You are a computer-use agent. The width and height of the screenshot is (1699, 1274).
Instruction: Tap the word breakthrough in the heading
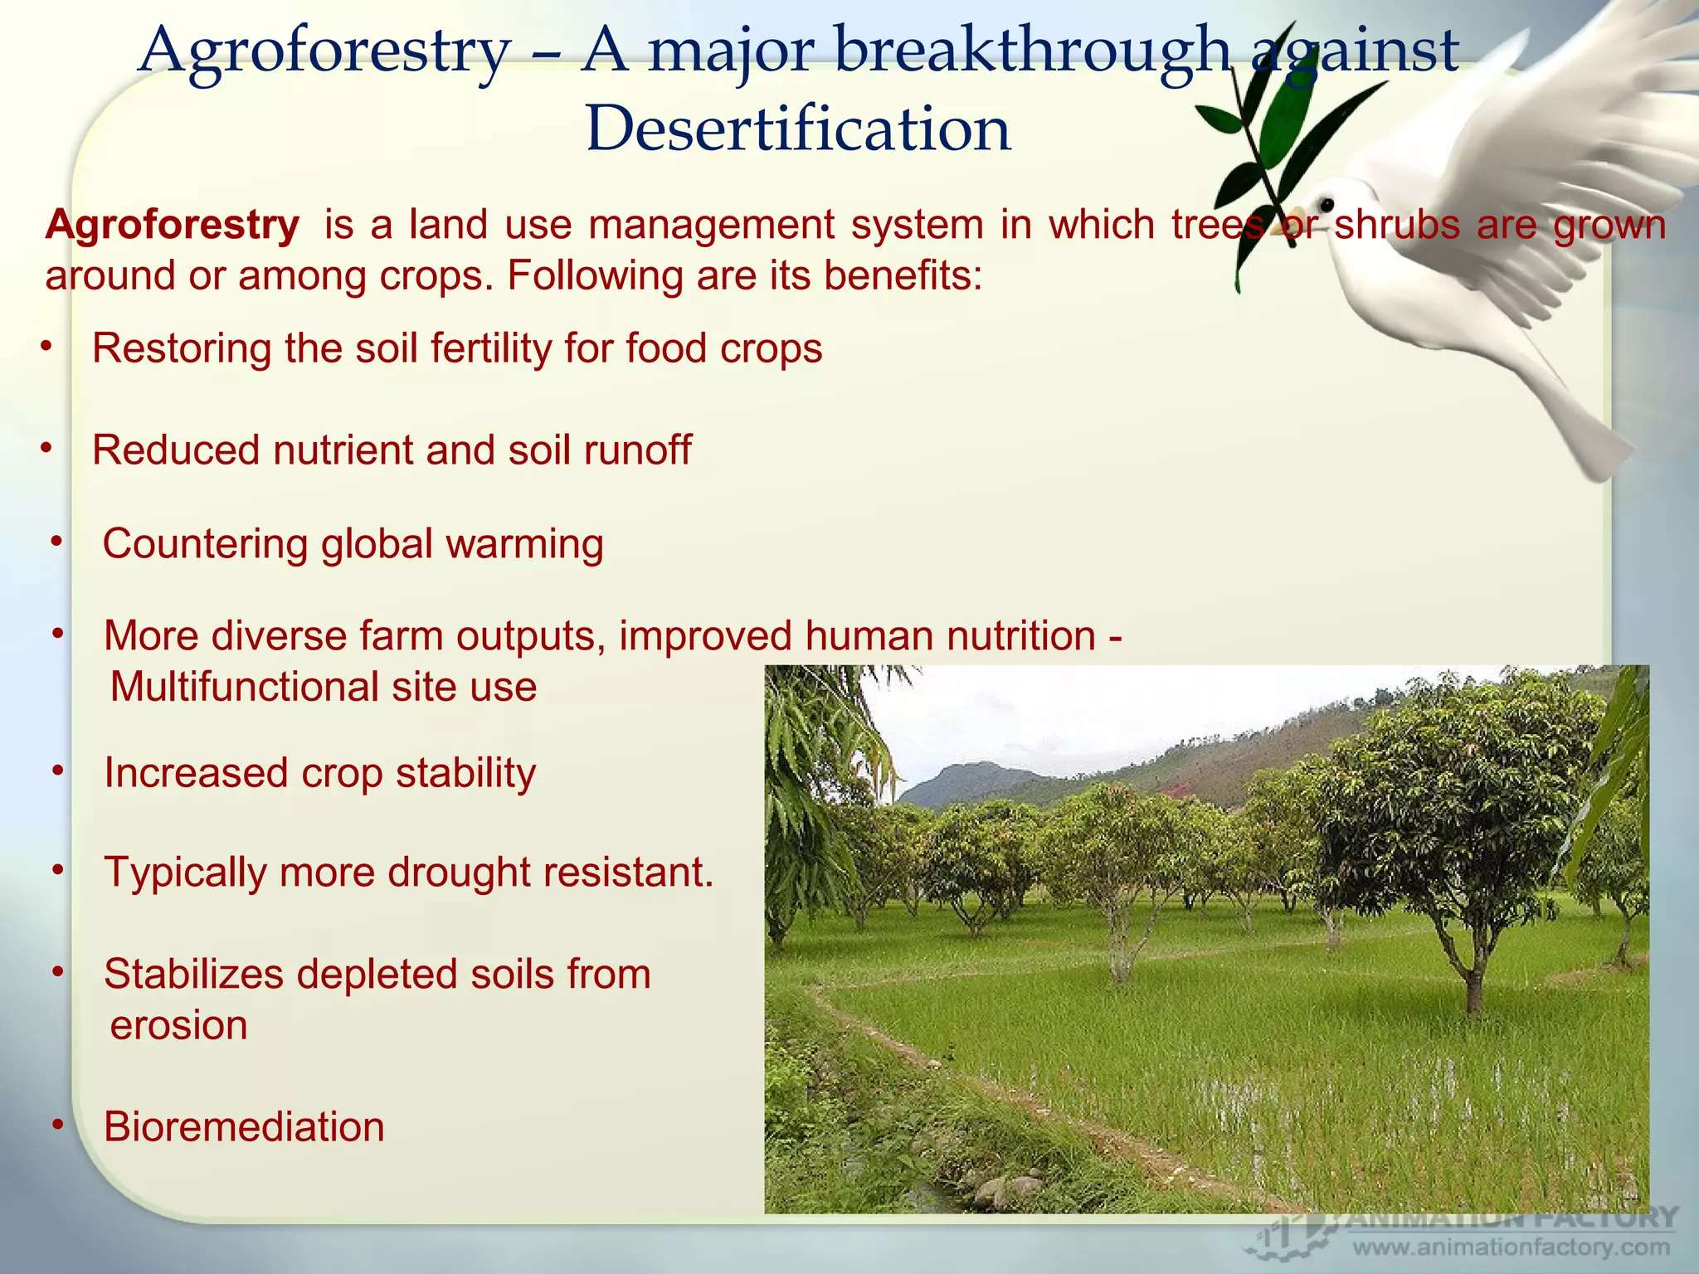(x=1031, y=51)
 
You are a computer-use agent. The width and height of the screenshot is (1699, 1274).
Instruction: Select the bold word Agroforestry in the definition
(x=173, y=225)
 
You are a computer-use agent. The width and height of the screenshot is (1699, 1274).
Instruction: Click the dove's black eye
(x=1327, y=204)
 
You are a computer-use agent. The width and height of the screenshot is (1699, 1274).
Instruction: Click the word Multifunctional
(x=244, y=687)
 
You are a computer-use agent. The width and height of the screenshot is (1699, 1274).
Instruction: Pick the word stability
(x=465, y=773)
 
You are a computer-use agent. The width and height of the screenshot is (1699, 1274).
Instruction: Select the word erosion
(x=178, y=1025)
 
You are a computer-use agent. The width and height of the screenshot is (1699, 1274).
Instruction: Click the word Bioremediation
(x=244, y=1127)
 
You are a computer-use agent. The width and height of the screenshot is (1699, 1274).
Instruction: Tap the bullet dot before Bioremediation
(x=57, y=1124)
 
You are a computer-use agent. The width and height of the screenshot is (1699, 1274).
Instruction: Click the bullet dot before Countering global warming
(x=56, y=542)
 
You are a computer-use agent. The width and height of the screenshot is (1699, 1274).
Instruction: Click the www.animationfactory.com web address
(x=1511, y=1247)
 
